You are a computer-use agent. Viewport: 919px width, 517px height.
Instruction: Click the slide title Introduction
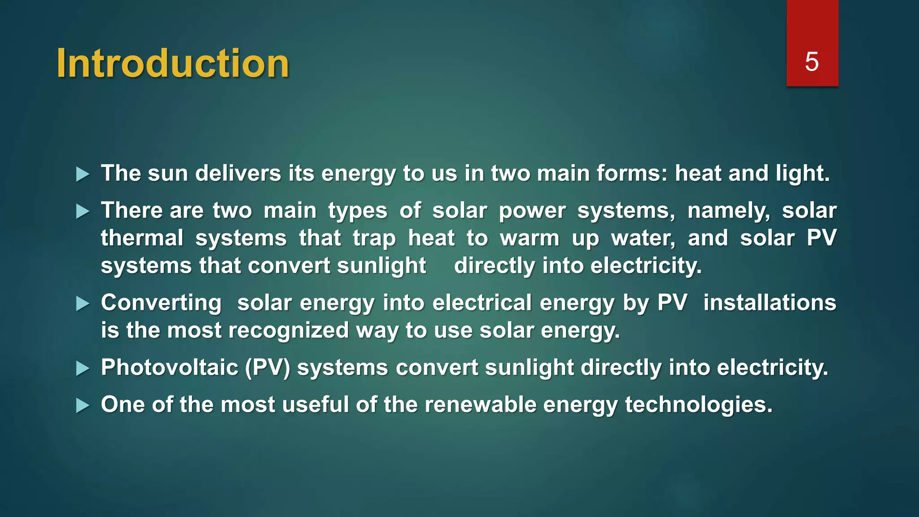click(x=173, y=63)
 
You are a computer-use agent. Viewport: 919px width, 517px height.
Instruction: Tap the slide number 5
click(x=812, y=61)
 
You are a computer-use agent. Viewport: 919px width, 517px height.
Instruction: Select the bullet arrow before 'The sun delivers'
click(x=83, y=174)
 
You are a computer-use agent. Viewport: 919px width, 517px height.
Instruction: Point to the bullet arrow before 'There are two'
click(x=83, y=211)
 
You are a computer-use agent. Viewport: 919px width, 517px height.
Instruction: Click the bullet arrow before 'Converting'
click(x=83, y=304)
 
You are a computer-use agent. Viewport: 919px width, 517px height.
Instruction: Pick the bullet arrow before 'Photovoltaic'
click(x=83, y=368)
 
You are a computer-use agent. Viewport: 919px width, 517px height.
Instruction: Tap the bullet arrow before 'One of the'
click(x=83, y=406)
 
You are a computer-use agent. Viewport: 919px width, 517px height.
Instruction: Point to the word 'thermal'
click(x=142, y=238)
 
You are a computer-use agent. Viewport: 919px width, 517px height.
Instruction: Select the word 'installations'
click(x=770, y=302)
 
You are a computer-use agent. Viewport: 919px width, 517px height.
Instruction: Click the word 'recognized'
click(x=289, y=330)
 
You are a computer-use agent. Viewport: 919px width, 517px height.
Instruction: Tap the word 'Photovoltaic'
click(x=170, y=368)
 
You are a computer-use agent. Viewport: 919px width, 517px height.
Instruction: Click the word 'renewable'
click(x=480, y=404)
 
